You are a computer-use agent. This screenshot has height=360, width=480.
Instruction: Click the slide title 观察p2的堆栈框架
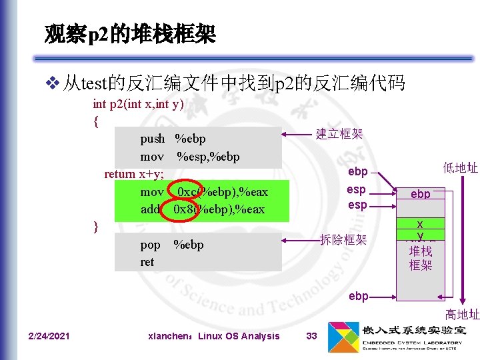[130, 33]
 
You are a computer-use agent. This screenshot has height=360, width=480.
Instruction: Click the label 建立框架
[339, 134]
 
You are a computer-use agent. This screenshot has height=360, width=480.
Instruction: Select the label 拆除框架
[344, 239]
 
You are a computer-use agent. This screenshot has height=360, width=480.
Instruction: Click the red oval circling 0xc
[183, 192]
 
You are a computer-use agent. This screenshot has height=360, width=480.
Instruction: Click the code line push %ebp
[173, 139]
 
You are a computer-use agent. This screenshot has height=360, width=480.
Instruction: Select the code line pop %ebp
[171, 244]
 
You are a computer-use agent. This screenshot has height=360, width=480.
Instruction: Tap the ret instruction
[147, 262]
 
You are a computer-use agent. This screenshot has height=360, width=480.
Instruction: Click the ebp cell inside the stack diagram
[420, 195]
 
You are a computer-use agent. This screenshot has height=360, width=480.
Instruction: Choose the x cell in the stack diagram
[421, 225]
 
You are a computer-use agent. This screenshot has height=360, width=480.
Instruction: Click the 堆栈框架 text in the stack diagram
[421, 258]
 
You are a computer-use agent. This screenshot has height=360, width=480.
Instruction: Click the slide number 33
[311, 336]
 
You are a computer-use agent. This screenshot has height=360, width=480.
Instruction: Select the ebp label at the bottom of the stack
[358, 296]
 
